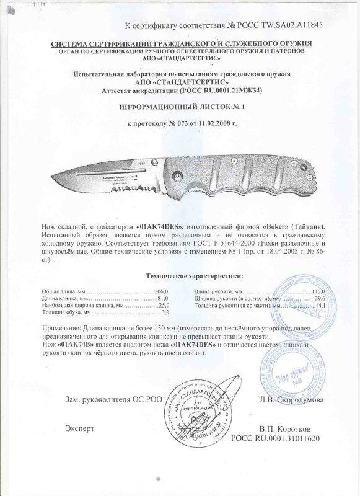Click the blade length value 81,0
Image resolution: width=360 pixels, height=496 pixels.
[162, 299]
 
